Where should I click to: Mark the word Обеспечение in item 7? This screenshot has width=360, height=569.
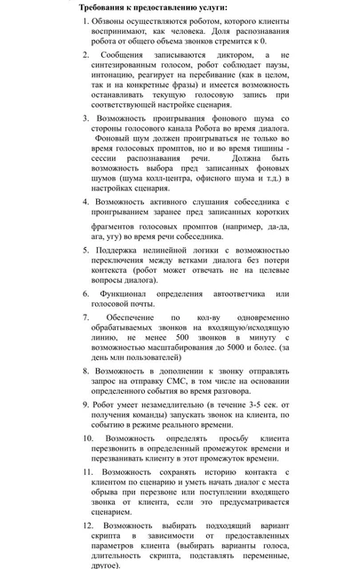click(135, 317)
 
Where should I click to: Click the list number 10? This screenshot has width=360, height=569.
click(89, 438)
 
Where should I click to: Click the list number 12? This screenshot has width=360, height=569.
click(89, 525)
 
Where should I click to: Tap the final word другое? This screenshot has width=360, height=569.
click(106, 564)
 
